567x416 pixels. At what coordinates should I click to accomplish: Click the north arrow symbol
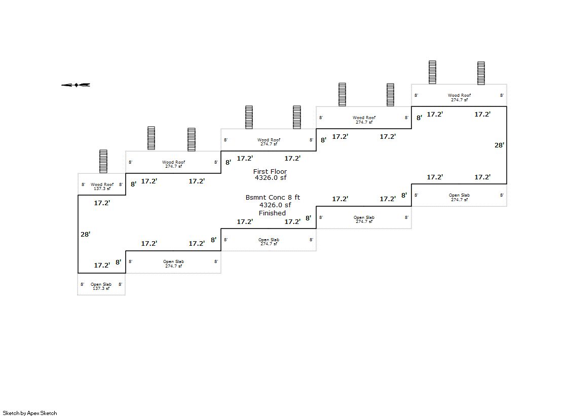pyautogui.click(x=75, y=85)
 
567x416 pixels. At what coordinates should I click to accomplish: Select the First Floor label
pyautogui.click(x=270, y=171)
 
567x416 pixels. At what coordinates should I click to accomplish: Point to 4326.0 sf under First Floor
pyautogui.click(x=271, y=178)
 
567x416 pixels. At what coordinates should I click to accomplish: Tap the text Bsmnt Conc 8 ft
pyautogui.click(x=273, y=198)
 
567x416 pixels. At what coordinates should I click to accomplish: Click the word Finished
pyautogui.click(x=272, y=213)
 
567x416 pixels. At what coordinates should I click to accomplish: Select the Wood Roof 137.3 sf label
pyautogui.click(x=102, y=186)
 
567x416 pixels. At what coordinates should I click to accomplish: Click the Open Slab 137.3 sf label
pyautogui.click(x=101, y=286)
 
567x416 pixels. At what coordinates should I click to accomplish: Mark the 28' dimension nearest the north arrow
pyautogui.click(x=85, y=235)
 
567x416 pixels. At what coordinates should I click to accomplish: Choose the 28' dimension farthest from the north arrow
pyautogui.click(x=500, y=145)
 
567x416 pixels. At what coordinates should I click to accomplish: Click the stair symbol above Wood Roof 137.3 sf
pyautogui.click(x=103, y=161)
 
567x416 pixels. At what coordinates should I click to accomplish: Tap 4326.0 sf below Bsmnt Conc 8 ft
pyautogui.click(x=275, y=205)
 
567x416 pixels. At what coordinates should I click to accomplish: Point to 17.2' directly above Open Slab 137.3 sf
pyautogui.click(x=102, y=265)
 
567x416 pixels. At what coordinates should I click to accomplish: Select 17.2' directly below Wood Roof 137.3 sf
pyautogui.click(x=102, y=203)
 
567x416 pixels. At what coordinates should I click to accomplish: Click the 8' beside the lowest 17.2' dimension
pyautogui.click(x=118, y=262)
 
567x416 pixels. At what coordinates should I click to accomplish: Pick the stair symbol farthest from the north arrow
pyautogui.click(x=481, y=73)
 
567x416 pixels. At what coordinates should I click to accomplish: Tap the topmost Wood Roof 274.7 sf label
pyautogui.click(x=459, y=97)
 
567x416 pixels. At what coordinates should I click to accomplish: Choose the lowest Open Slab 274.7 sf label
pyautogui.click(x=174, y=263)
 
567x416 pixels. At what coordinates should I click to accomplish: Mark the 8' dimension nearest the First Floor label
pyautogui.click(x=228, y=163)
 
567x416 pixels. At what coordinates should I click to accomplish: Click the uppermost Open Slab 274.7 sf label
pyautogui.click(x=459, y=197)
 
